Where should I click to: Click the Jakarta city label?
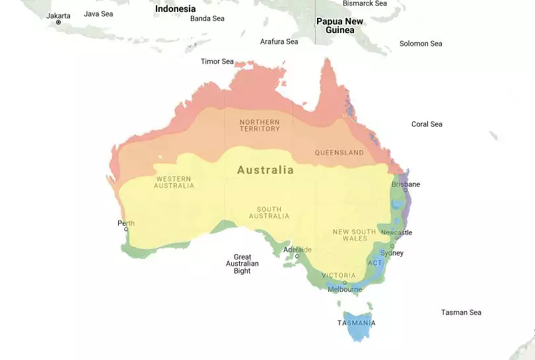point(58,16)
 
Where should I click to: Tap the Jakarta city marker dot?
point(58,22)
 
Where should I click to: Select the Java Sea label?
point(98,14)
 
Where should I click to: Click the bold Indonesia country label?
point(176,9)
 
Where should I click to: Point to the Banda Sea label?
point(207,18)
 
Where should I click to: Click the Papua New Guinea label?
point(339,26)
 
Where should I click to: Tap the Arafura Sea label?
point(279,42)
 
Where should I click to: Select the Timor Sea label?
point(217,61)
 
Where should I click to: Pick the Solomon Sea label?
point(421,44)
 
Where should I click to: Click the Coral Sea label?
point(427,124)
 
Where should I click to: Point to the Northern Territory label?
point(260,126)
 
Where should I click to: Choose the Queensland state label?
point(339,153)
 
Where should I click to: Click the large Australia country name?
point(266,170)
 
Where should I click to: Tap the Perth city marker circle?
point(126,229)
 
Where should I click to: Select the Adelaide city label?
point(297,250)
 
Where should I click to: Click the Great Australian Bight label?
point(242,264)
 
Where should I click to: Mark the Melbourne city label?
point(345,289)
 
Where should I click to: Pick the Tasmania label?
point(356,323)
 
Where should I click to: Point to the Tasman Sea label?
point(461,312)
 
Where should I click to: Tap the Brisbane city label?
point(406,184)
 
